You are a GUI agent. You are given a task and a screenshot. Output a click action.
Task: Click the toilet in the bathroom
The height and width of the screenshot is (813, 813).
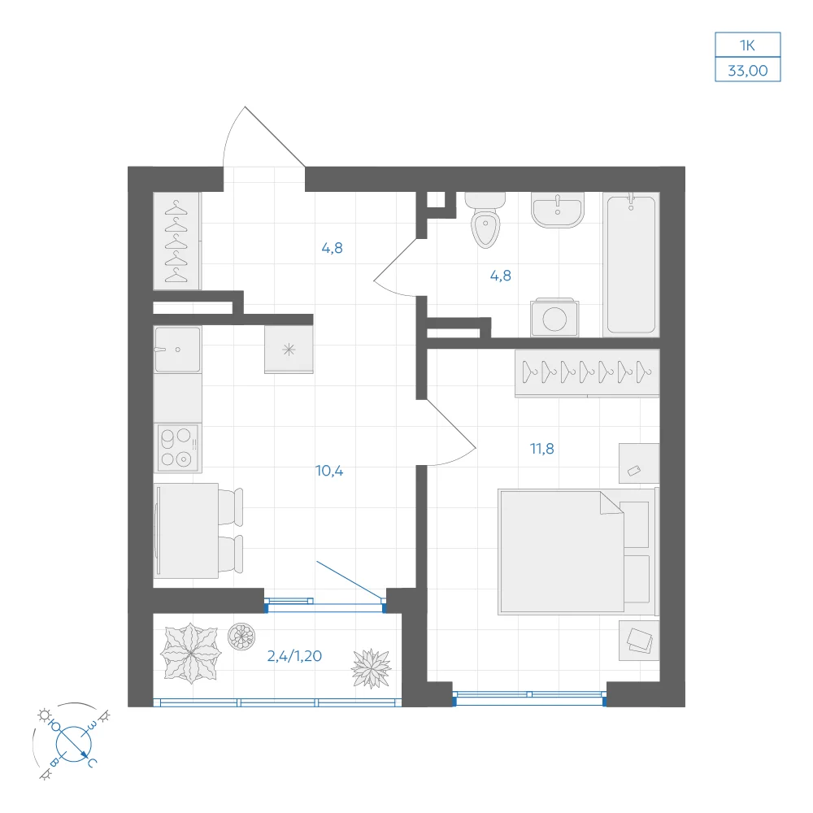click(485, 220)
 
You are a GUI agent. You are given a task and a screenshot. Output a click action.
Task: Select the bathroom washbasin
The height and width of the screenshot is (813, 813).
click(558, 210)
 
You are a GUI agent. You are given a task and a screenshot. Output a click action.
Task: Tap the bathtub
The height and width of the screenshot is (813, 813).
click(631, 264)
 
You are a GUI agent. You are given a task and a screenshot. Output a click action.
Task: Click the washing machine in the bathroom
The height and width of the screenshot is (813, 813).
click(554, 317)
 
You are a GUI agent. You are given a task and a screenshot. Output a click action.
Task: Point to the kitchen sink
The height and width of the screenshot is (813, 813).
click(177, 350)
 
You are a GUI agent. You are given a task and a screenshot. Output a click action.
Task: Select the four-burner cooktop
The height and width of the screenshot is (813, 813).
click(177, 448)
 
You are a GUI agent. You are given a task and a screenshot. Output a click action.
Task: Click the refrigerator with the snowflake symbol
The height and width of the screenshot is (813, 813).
click(289, 349)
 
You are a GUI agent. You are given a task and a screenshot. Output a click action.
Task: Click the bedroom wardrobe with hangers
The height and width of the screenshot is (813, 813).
click(587, 373)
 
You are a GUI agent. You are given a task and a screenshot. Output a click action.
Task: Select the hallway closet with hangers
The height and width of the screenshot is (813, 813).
click(176, 241)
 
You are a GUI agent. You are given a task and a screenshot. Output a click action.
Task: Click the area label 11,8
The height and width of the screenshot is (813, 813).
click(541, 449)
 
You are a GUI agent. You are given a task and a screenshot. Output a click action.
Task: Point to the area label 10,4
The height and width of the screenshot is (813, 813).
click(329, 471)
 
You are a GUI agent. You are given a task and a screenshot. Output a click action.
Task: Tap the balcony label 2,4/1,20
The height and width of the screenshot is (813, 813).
click(294, 656)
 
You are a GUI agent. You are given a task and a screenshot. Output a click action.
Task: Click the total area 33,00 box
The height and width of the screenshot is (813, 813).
click(748, 70)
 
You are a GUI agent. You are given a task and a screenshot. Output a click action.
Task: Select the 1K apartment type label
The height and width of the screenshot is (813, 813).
click(748, 46)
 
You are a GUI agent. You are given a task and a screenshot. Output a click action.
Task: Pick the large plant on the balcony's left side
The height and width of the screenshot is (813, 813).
click(191, 654)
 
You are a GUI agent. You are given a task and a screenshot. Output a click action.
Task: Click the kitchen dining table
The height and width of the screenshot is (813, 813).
click(185, 530)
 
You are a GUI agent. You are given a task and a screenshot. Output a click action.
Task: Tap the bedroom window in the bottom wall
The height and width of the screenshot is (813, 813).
click(529, 697)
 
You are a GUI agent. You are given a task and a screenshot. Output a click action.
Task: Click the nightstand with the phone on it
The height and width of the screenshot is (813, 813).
click(639, 463)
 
